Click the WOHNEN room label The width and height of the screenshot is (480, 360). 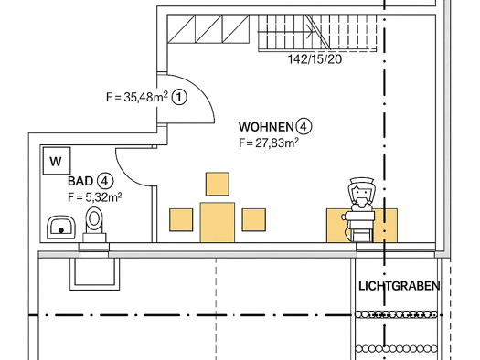point(266,127)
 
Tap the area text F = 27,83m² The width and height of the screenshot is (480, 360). point(269,143)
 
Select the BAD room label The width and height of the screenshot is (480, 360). point(80,181)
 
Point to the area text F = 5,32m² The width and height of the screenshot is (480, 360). point(94,197)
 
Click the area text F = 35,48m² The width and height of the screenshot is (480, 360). point(137,97)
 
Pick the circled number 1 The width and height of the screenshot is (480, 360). point(179,98)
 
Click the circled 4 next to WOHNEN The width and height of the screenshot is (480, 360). point(304,127)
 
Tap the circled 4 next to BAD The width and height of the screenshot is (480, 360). point(105,181)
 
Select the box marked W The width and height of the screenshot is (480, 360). point(57,161)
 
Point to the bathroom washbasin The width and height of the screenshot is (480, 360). point(60,228)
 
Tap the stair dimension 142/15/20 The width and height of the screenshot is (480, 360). point(315,59)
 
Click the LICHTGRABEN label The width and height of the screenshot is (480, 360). point(399,286)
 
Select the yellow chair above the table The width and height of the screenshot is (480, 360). point(218,184)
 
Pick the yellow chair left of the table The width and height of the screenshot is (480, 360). point(181,220)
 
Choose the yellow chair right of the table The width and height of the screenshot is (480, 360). point(254,220)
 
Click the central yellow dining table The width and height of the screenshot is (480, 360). point(218,222)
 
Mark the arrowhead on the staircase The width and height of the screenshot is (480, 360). point(312,31)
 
